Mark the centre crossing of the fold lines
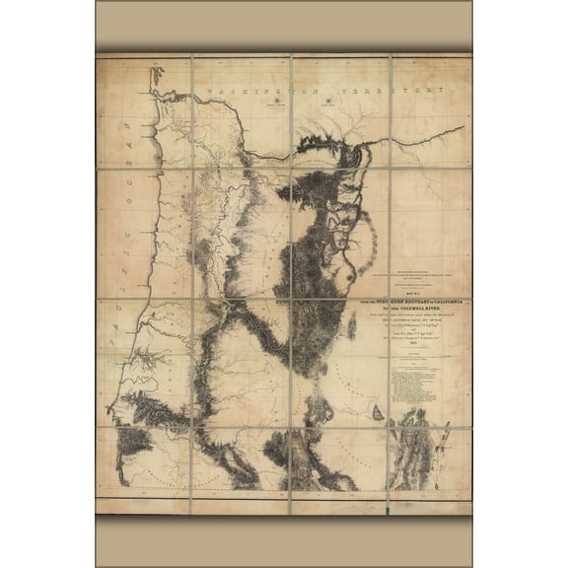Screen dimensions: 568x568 292,284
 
